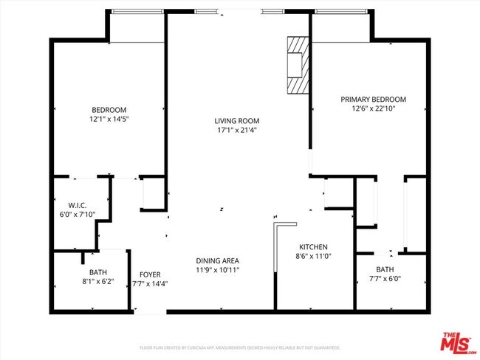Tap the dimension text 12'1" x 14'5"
[109, 119]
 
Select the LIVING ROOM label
[236, 121]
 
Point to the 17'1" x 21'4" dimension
[236, 130]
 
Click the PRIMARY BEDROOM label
[373, 100]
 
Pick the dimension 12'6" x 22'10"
[373, 108]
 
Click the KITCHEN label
[313, 247]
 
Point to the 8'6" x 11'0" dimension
[313, 256]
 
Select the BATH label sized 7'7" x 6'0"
[384, 269]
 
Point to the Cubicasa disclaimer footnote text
[240, 347]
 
